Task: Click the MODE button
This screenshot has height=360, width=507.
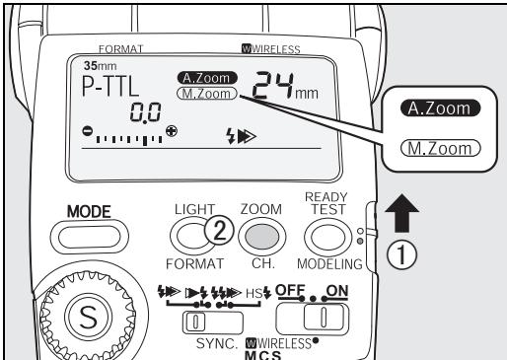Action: (x=90, y=237)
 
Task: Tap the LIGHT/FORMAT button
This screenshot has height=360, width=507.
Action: (x=192, y=237)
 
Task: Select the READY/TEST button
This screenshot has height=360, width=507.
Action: (x=327, y=237)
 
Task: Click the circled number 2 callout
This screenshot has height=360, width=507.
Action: (x=219, y=231)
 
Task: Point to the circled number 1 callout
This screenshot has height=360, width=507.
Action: (x=401, y=255)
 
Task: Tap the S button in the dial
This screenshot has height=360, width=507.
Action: (x=89, y=318)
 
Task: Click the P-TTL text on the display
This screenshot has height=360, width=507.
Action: (x=110, y=86)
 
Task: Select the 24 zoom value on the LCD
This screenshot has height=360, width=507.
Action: (x=272, y=85)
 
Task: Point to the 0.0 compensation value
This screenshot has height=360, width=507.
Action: (x=145, y=112)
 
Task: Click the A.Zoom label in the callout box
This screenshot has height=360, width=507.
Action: (x=440, y=108)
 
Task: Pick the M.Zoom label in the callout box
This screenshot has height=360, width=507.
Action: (x=440, y=148)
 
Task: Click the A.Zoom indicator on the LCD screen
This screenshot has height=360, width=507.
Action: (x=207, y=78)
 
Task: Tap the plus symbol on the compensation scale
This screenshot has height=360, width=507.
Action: (x=172, y=131)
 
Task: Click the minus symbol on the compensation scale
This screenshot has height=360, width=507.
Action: (x=87, y=131)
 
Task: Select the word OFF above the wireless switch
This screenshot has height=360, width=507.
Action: (x=290, y=290)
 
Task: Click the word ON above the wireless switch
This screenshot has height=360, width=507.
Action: (x=336, y=290)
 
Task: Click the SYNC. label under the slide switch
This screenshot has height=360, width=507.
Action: (x=217, y=343)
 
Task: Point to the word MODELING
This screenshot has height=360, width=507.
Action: (x=329, y=264)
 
